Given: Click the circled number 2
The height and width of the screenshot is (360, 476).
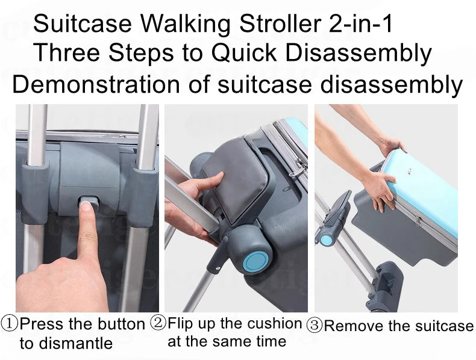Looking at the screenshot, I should pyautogui.click(x=158, y=322).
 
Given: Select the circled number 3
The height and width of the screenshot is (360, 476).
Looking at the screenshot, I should pyautogui.click(x=315, y=326).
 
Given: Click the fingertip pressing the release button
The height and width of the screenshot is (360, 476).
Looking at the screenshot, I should pyautogui.click(x=86, y=207).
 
